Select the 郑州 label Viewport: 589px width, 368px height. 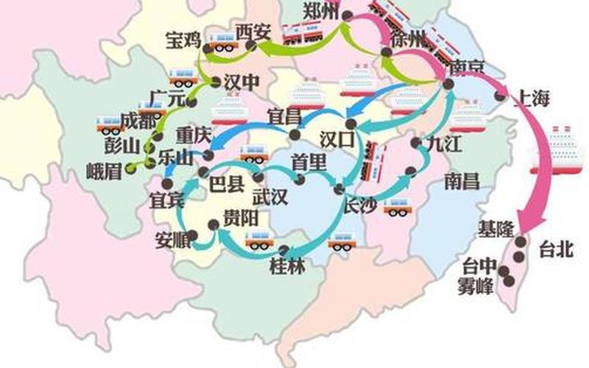tap(321, 10)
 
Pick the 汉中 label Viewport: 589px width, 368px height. tap(241, 82)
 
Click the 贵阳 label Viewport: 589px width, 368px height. tap(239, 219)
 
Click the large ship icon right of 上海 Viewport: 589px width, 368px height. tap(566, 147)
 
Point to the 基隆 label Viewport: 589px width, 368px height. tap(495, 228)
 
